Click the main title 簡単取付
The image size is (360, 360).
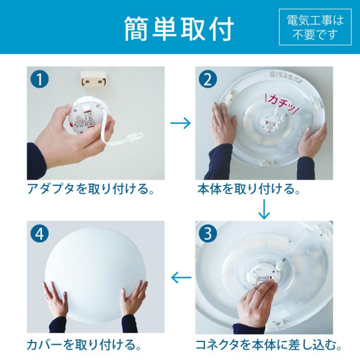click(x=179, y=29)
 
